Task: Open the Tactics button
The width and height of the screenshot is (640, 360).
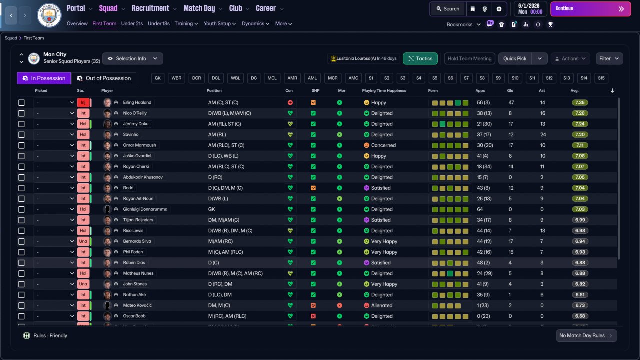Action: click(x=420, y=59)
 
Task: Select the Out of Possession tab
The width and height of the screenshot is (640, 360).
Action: click(x=104, y=78)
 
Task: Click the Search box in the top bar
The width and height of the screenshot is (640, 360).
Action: click(x=447, y=9)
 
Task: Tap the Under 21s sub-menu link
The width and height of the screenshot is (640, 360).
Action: click(x=132, y=24)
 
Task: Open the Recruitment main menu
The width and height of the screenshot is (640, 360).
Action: click(x=150, y=8)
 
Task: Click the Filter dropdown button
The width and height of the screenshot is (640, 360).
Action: click(x=609, y=59)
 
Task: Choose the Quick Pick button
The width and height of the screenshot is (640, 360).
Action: click(x=515, y=59)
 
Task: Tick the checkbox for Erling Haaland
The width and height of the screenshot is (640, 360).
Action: click(x=21, y=103)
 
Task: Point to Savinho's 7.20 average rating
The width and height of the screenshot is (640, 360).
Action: click(x=580, y=135)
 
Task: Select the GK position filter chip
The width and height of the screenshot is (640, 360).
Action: click(x=158, y=78)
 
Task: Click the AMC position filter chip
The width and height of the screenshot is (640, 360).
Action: click(x=353, y=78)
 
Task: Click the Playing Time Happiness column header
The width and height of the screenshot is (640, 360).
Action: click(x=384, y=91)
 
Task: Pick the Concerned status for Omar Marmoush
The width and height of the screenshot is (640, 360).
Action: click(x=383, y=145)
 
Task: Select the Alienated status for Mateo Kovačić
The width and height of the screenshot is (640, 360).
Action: click(x=382, y=305)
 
